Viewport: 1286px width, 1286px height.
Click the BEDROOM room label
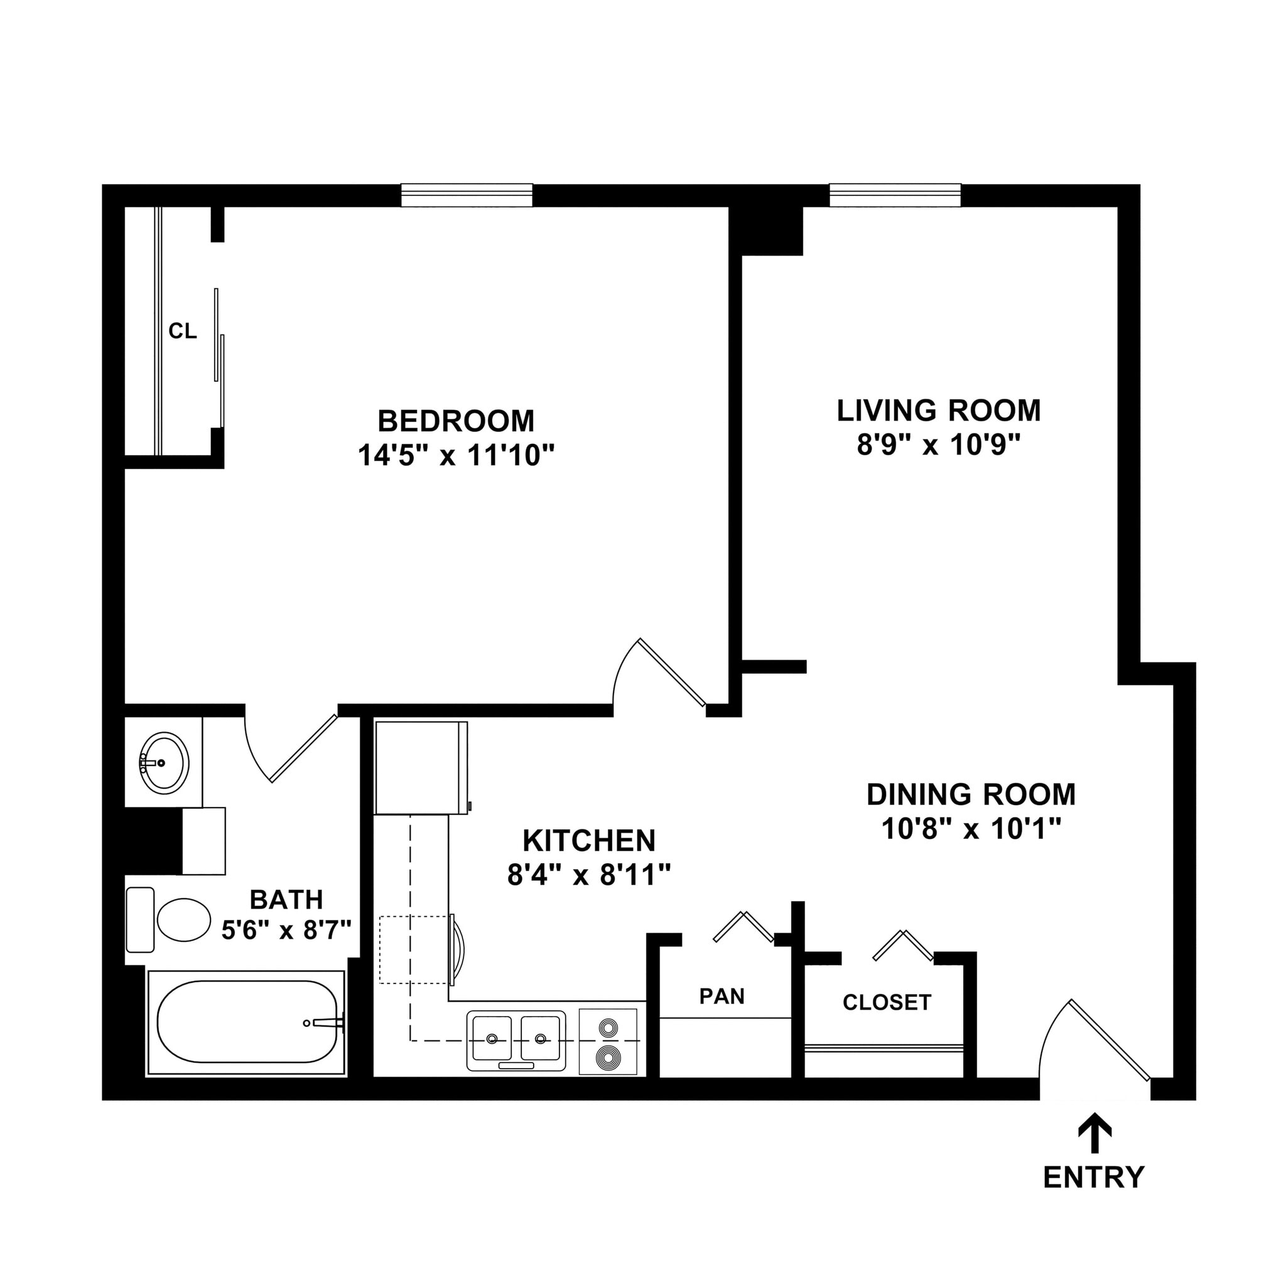(x=456, y=421)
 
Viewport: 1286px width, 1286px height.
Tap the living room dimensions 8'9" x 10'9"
(x=939, y=445)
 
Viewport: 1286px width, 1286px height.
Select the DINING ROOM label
(x=971, y=794)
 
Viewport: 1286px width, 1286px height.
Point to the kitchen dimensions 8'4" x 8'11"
(x=588, y=875)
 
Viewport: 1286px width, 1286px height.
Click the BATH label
(x=286, y=899)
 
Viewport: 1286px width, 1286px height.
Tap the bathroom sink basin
(x=164, y=763)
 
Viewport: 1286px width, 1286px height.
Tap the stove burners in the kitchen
(x=608, y=1042)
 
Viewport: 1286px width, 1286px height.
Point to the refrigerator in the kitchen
(x=420, y=767)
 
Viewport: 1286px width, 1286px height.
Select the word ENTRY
(x=1094, y=1177)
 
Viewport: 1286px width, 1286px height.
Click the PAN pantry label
(x=721, y=997)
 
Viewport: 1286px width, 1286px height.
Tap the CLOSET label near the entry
(x=887, y=1002)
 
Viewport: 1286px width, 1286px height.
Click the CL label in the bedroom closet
(x=182, y=331)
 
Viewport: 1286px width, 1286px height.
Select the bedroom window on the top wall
(x=467, y=195)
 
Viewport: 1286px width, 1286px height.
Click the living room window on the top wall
(x=895, y=195)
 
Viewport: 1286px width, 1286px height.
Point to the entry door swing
(x=1091, y=1046)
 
